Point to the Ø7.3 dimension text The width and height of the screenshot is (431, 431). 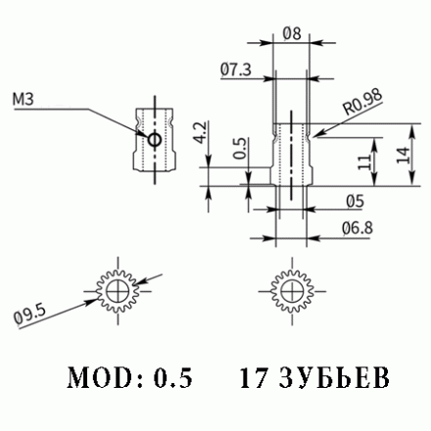click(x=235, y=69)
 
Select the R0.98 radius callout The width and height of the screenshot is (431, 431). click(x=361, y=100)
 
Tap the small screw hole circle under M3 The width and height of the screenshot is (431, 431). click(x=153, y=141)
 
